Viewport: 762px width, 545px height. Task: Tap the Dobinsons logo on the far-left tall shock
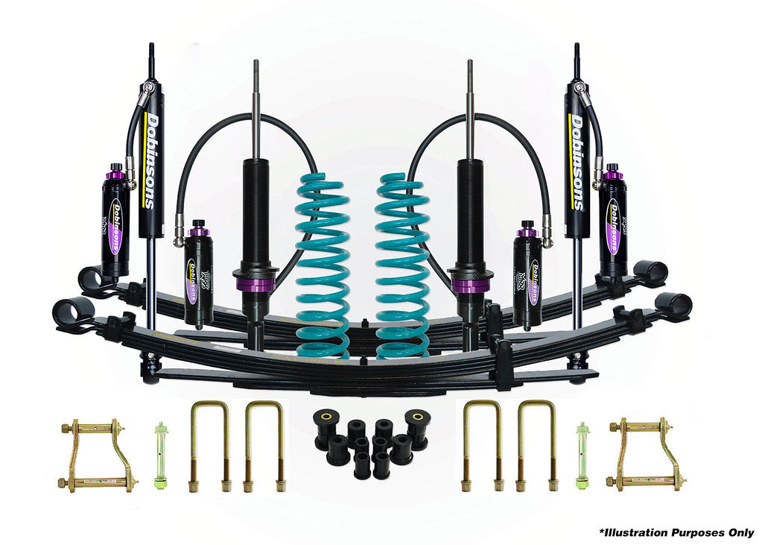coord(151,160)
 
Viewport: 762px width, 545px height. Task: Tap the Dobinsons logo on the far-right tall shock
coord(577,160)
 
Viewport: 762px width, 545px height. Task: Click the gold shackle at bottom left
coord(97,454)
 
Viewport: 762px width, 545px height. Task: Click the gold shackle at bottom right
coord(645,454)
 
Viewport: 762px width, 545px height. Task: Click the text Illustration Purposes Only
coord(676,532)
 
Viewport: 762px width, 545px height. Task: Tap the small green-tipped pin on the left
coord(159,455)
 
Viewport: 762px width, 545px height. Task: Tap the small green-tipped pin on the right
coord(582,455)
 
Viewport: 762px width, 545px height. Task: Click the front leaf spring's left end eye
coord(73,312)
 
